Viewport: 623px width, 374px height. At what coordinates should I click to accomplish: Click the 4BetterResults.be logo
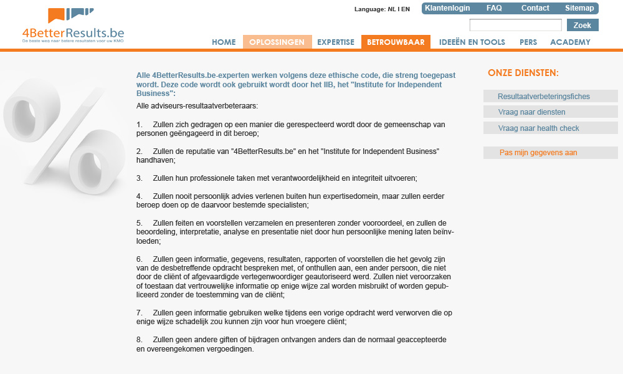click(x=73, y=26)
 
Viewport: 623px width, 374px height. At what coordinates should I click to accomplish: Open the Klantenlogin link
click(x=447, y=8)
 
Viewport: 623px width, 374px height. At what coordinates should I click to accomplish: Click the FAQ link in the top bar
click(x=494, y=8)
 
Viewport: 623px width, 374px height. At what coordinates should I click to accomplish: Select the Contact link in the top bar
click(x=535, y=8)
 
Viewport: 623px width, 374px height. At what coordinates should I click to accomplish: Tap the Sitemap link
click(x=579, y=8)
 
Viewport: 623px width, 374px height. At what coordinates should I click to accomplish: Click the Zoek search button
click(x=583, y=26)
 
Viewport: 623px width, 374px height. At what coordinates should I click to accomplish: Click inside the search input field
click(x=515, y=26)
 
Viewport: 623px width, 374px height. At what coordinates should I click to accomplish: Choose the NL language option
click(x=391, y=9)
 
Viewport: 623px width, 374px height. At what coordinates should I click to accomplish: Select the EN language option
click(x=405, y=9)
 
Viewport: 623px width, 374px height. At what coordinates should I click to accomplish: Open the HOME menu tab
click(x=224, y=42)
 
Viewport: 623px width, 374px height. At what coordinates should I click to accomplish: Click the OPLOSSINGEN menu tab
click(x=277, y=42)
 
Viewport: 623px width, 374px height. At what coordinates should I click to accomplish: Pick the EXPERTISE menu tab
click(x=336, y=42)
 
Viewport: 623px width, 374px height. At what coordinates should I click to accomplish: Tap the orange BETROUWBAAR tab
click(x=396, y=42)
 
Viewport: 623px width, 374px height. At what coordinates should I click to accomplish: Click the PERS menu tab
click(x=528, y=42)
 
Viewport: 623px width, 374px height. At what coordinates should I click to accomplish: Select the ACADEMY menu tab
click(x=570, y=42)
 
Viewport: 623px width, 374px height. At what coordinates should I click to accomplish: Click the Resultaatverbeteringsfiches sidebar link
click(x=543, y=97)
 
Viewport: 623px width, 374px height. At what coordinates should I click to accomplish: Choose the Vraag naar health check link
click(x=538, y=128)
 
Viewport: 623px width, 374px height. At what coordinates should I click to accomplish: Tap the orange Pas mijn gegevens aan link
click(x=538, y=153)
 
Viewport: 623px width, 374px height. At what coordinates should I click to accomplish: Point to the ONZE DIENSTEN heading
click(x=523, y=73)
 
